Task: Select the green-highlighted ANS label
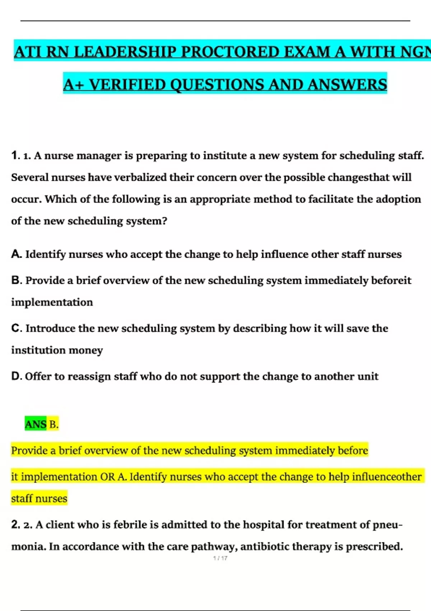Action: (x=36, y=424)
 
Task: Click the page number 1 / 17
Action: (x=220, y=558)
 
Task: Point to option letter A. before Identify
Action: (x=17, y=254)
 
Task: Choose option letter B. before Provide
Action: (x=17, y=280)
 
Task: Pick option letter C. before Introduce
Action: (x=17, y=328)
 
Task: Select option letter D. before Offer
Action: (x=17, y=376)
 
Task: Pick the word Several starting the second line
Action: (x=30, y=178)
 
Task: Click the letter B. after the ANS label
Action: (x=54, y=424)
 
